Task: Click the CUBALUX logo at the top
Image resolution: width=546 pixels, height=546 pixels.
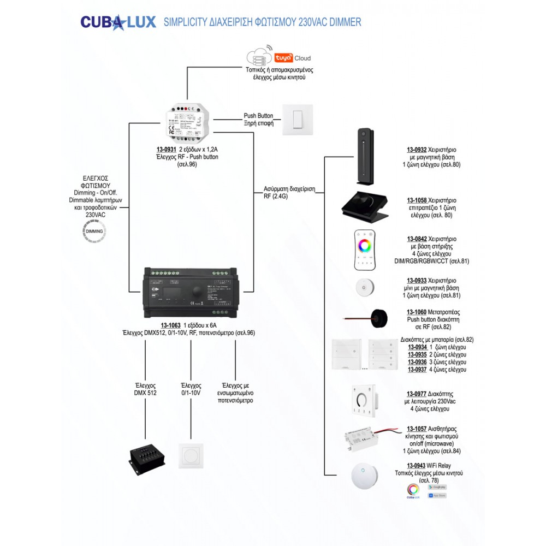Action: [116, 22]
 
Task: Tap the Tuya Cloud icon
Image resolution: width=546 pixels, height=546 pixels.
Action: [279, 57]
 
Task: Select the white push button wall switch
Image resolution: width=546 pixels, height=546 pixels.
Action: [298, 120]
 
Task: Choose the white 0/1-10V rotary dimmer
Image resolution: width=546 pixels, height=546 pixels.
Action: [191, 456]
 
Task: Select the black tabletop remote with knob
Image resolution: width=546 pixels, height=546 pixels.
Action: [365, 207]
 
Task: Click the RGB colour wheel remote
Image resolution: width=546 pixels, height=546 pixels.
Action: [364, 250]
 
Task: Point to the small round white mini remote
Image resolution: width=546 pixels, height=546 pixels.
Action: [363, 287]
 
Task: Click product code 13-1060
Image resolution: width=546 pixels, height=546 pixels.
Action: [417, 312]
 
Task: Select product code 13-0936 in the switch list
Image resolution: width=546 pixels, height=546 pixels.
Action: [418, 361]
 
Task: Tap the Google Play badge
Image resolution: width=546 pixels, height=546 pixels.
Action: [437, 486]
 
